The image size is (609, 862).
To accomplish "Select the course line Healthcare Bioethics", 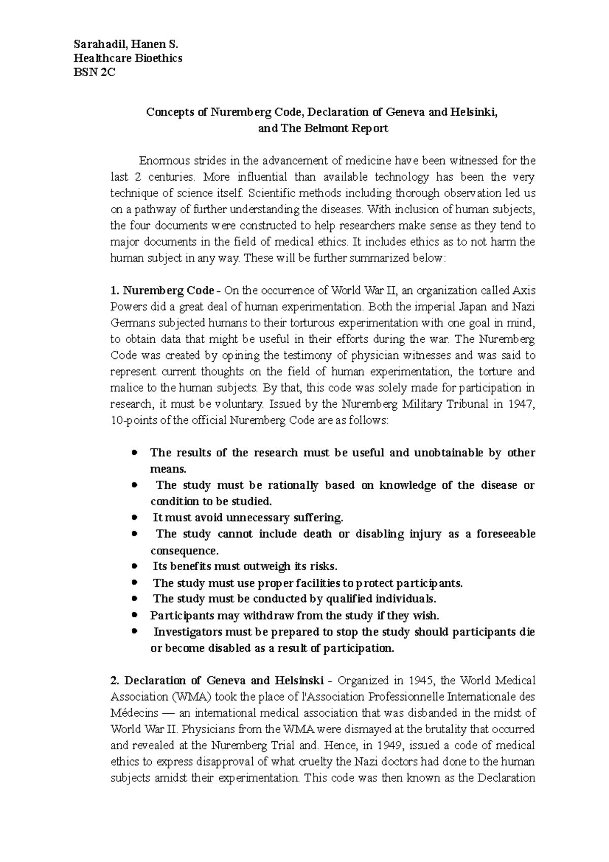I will pyautogui.click(x=128, y=58).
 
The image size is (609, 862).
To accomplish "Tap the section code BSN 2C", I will pyautogui.click(x=94, y=73).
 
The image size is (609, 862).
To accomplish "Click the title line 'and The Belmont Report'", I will pyautogui.click(x=323, y=128).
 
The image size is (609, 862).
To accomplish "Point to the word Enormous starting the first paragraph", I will pyautogui.click(x=160, y=161).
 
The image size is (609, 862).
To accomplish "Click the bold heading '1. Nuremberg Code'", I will pyautogui.click(x=162, y=291).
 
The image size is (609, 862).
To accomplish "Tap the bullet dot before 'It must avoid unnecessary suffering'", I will pyautogui.click(x=134, y=518).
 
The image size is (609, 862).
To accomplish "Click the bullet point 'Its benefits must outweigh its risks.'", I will pyautogui.click(x=245, y=567).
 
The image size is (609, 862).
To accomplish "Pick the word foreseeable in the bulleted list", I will pyautogui.click(x=504, y=534).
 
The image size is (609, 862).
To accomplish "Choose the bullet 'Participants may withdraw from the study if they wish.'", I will pyautogui.click(x=294, y=616).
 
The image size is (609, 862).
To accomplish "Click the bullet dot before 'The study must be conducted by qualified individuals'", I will pyautogui.click(x=134, y=599).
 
